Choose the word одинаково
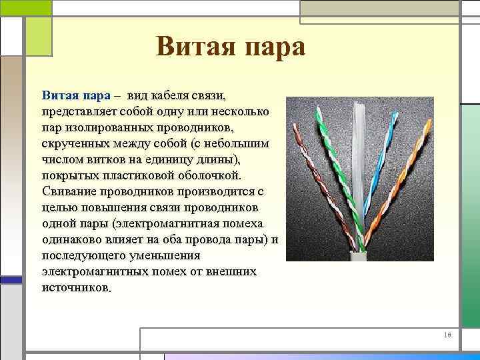tap(73, 239)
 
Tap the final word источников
tap(75, 288)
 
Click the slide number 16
tap(448, 336)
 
